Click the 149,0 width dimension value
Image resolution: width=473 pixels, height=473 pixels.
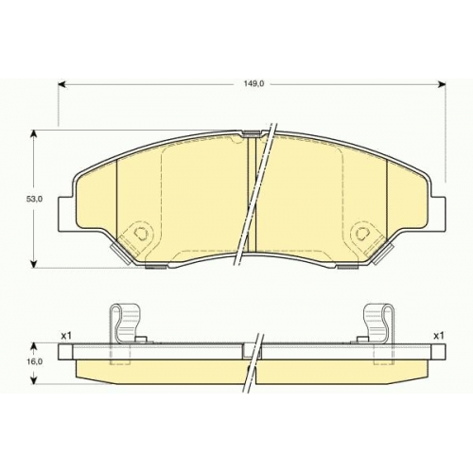pyautogui.click(x=251, y=84)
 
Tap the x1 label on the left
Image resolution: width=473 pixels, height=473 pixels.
pyautogui.click(x=65, y=336)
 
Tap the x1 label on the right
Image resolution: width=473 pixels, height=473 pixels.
pyautogui.click(x=438, y=336)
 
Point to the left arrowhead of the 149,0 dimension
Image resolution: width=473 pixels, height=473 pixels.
pyautogui.click(x=61, y=84)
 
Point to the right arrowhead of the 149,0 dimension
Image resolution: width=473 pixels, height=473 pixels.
pyautogui.click(x=442, y=84)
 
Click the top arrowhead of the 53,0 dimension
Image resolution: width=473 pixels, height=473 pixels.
pyautogui.click(x=35, y=133)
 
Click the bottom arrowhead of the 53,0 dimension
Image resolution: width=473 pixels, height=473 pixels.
pyautogui.click(x=35, y=264)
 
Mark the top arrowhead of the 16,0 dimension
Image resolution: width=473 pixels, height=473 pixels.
pyautogui.click(x=35, y=347)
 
